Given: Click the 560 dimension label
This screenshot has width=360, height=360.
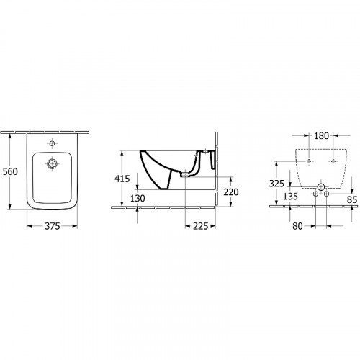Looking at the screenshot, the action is point(10,171).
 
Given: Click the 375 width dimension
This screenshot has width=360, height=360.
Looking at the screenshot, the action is point(53,226).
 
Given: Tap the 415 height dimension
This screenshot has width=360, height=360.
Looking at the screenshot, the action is point(122,179).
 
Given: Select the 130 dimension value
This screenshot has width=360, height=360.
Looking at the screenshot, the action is point(138,198).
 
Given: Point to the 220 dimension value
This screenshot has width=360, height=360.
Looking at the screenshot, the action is point(231,192).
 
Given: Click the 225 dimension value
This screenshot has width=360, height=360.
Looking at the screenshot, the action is point(200,226).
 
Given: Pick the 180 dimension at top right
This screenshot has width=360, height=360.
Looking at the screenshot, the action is point(321,136).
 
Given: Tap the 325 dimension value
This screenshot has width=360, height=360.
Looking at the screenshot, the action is point(276,184).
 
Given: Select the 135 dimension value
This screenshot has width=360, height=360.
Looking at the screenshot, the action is point(290,197).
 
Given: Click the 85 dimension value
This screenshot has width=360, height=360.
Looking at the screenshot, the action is point(352,199).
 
